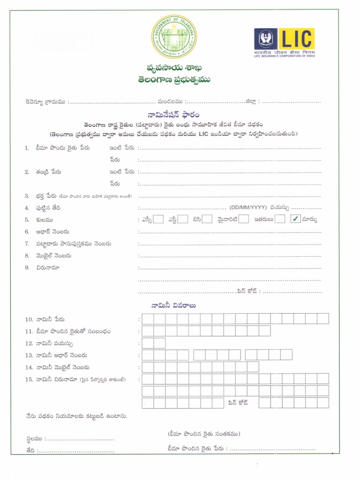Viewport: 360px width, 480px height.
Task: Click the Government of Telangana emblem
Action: [174, 37]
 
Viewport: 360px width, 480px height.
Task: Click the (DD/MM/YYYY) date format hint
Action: [248, 207]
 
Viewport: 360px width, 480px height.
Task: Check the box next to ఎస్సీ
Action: [158, 219]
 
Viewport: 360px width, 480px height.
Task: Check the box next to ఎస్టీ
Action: [183, 219]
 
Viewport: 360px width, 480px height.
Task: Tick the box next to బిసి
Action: [208, 219]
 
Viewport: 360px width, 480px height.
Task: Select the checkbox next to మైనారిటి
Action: [243, 219]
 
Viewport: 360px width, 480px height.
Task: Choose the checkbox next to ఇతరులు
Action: [280, 219]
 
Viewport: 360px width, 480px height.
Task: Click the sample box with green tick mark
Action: [295, 219]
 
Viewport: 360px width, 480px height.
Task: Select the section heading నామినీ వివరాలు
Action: [173, 305]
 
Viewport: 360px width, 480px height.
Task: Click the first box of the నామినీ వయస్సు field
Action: [148, 343]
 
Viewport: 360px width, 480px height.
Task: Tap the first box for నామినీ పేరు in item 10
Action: [148, 319]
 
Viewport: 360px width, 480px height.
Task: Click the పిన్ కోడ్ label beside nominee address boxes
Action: [238, 402]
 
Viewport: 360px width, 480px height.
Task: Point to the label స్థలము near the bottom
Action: [34, 439]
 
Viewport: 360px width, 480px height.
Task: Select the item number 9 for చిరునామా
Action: [27, 268]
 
